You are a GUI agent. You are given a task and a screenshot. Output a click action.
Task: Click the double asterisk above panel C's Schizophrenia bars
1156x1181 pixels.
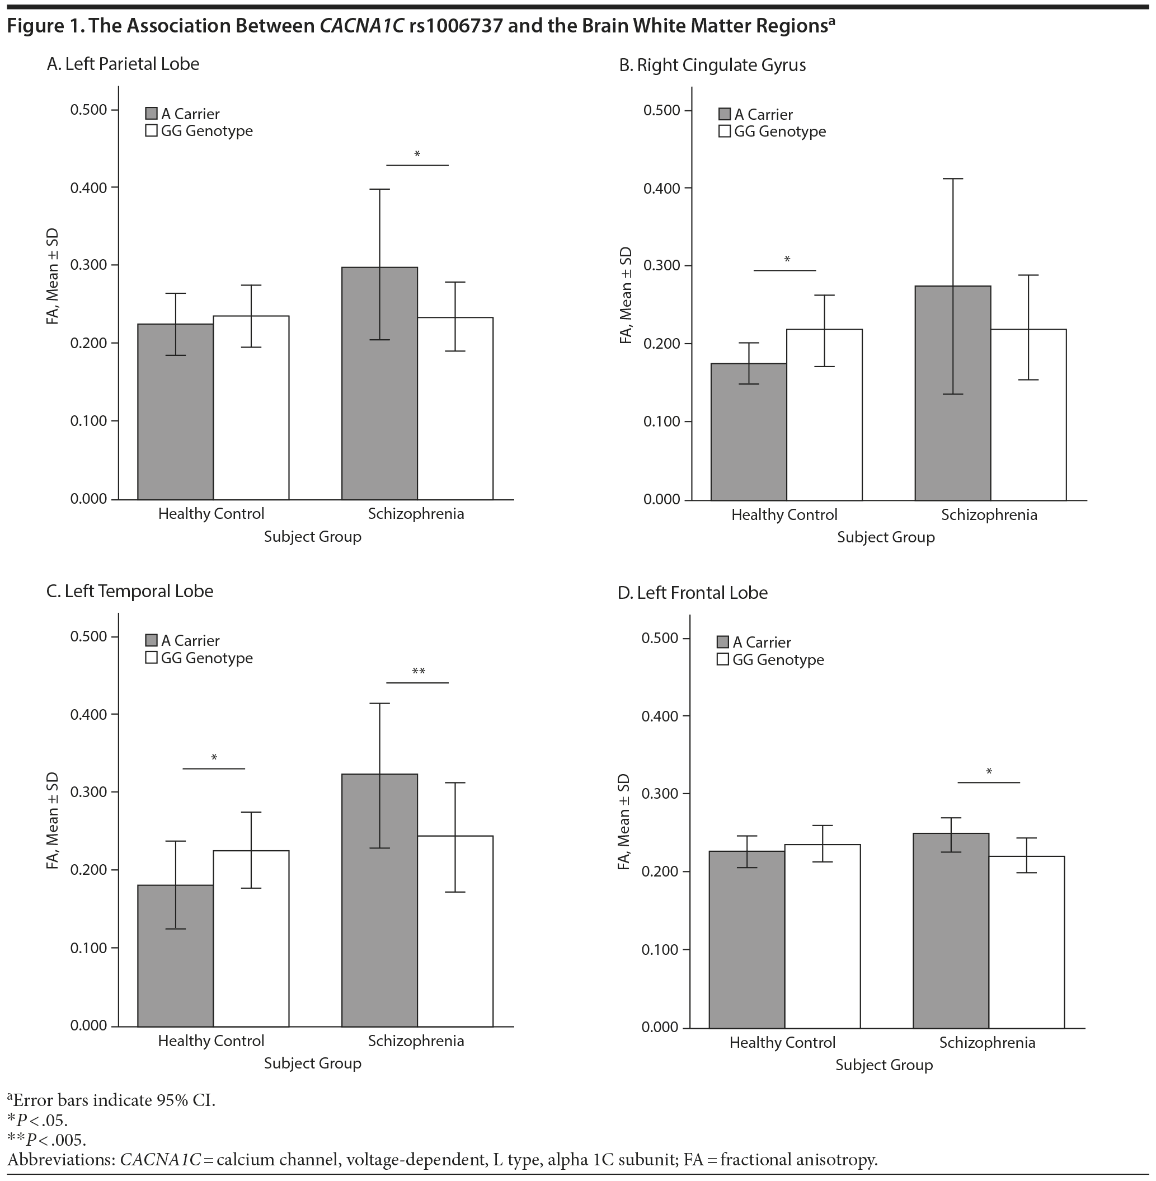(x=419, y=672)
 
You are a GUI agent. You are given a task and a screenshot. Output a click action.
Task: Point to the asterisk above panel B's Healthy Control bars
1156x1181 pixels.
(x=787, y=260)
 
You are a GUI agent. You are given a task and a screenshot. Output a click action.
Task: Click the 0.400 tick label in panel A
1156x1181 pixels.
(x=88, y=188)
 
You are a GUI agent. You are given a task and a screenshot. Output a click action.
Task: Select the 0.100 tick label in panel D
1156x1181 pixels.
(x=660, y=950)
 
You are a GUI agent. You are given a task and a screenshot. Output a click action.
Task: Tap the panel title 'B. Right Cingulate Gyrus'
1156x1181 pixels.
(x=712, y=65)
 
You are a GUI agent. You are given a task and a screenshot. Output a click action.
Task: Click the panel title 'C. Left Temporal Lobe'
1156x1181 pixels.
(x=130, y=592)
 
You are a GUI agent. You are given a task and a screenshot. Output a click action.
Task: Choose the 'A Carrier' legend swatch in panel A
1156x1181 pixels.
(x=152, y=114)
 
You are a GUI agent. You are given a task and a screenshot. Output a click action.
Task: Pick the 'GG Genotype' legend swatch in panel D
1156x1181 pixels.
(x=722, y=659)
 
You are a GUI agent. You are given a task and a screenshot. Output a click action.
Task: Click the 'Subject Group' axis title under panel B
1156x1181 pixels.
(x=886, y=537)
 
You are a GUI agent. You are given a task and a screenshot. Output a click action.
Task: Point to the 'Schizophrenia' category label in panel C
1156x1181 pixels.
(x=416, y=1041)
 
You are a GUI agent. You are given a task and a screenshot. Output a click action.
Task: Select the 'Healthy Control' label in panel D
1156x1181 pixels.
(x=782, y=1043)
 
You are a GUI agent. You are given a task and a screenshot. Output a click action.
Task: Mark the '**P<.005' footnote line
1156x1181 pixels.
(x=47, y=1139)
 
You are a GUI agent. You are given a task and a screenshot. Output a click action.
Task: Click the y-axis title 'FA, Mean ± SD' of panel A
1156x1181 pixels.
(x=53, y=276)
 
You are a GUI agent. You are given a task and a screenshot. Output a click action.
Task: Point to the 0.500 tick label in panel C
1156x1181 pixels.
(x=88, y=636)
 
